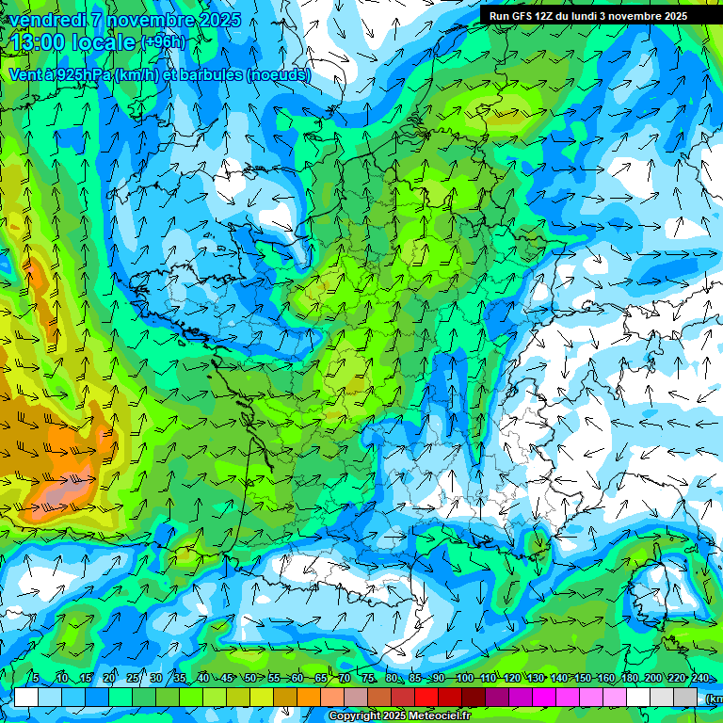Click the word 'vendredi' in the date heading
(47, 20)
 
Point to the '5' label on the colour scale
(36, 679)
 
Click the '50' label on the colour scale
(249, 679)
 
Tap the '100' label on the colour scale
(464, 679)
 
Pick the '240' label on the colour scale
(700, 679)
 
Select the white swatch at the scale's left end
(25, 697)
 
